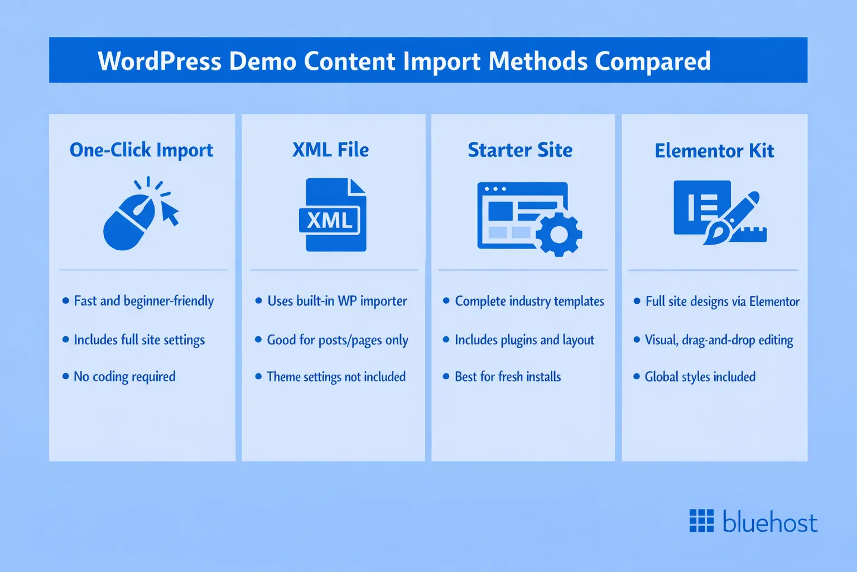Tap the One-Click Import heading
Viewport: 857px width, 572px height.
click(x=141, y=150)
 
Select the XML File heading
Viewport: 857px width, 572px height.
click(x=330, y=150)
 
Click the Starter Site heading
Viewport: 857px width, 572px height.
click(x=520, y=150)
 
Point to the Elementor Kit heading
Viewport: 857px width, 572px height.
click(x=714, y=151)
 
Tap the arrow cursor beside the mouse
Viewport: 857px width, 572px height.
click(x=170, y=213)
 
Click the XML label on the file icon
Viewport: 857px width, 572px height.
click(x=330, y=220)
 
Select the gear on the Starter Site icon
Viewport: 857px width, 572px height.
click(x=559, y=234)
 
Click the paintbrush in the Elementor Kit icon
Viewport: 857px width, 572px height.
click(x=725, y=221)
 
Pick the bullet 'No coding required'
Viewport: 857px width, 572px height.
click(x=124, y=377)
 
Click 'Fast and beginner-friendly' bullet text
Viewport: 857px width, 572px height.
click(x=143, y=301)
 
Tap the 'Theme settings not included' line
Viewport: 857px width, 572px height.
click(x=336, y=377)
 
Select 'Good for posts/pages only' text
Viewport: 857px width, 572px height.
click(x=338, y=340)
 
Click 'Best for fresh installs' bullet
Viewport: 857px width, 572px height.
click(x=508, y=377)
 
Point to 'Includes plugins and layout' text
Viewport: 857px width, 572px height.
click(x=524, y=340)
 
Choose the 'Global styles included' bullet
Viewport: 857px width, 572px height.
click(x=700, y=377)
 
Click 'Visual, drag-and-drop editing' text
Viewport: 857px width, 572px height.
click(x=719, y=340)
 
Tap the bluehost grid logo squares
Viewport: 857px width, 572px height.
click(x=701, y=521)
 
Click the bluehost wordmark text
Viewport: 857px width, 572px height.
click(x=770, y=522)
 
